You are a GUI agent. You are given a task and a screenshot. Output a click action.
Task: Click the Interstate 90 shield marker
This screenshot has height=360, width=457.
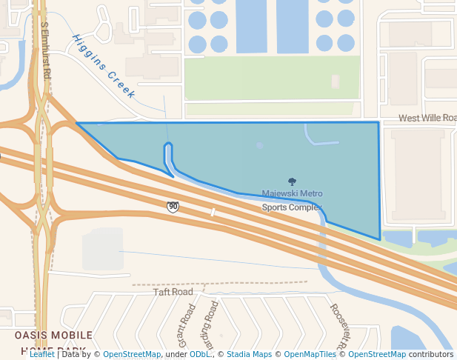click(x=173, y=207)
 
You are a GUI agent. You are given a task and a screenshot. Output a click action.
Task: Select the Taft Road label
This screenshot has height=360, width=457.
click(x=173, y=292)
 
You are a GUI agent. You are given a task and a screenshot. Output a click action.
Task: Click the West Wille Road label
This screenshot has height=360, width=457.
click(x=427, y=118)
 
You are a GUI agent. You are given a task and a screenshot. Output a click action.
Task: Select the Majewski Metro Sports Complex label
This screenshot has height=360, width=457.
click(x=293, y=200)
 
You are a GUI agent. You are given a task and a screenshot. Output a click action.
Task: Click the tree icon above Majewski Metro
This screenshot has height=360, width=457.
click(x=292, y=181)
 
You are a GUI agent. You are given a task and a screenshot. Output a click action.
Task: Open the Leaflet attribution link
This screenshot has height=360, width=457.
click(x=41, y=354)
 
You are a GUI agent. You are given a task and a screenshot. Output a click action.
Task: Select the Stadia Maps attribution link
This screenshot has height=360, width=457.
click(x=249, y=354)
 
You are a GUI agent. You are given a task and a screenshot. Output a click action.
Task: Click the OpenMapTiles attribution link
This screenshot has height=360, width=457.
click(x=310, y=354)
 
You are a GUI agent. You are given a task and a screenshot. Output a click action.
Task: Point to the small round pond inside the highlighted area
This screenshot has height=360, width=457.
click(x=259, y=146)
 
